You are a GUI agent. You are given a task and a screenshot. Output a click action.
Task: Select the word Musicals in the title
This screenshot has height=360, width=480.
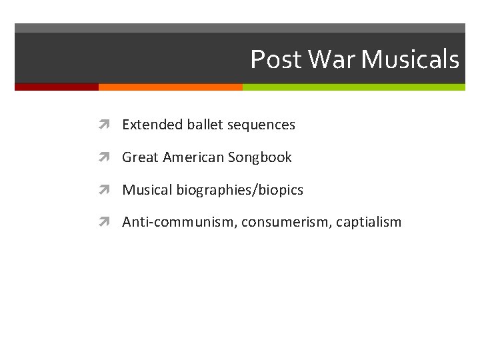coord(410,60)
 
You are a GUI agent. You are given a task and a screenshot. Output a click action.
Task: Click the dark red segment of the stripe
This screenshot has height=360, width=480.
coord(57,87)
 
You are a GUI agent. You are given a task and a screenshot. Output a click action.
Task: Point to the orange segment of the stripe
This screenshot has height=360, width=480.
coord(170,87)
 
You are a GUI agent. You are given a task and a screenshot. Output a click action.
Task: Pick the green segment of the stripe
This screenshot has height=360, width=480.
coord(353,87)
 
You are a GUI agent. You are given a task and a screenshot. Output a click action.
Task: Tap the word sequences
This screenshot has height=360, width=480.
coord(261,125)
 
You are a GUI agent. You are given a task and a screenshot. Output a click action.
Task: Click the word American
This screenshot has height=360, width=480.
coord(193,157)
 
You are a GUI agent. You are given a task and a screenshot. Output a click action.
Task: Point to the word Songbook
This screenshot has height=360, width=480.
coord(260,157)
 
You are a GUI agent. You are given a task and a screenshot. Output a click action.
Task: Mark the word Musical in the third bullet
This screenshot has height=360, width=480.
coord(147,190)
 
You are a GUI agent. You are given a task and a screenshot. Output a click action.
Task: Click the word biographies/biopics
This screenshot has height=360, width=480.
coord(240,191)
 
